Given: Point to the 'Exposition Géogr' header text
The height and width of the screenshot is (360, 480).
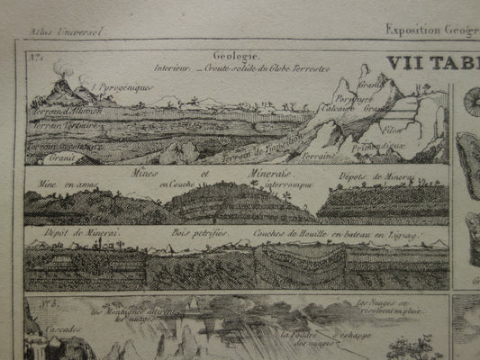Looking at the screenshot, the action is tap(430, 29).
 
